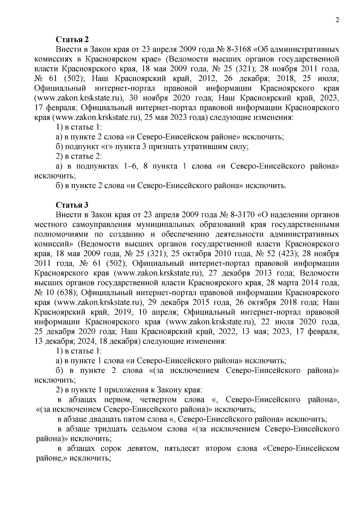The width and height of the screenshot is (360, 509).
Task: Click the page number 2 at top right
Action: [337, 20]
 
